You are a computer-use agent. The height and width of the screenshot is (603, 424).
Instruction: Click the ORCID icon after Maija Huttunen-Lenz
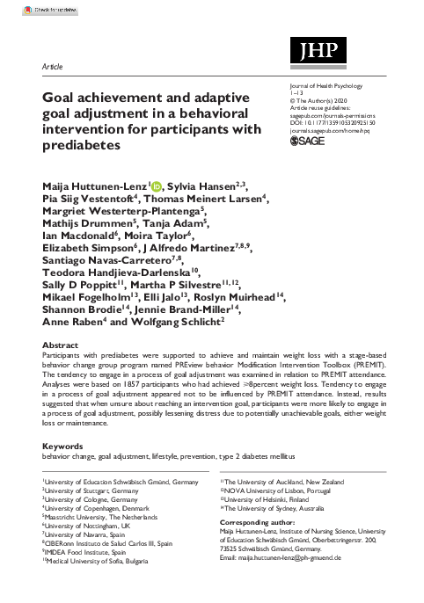133,187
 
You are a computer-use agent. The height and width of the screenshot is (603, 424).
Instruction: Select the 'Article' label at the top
52,66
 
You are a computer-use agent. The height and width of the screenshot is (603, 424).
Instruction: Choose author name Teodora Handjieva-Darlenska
112,286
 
